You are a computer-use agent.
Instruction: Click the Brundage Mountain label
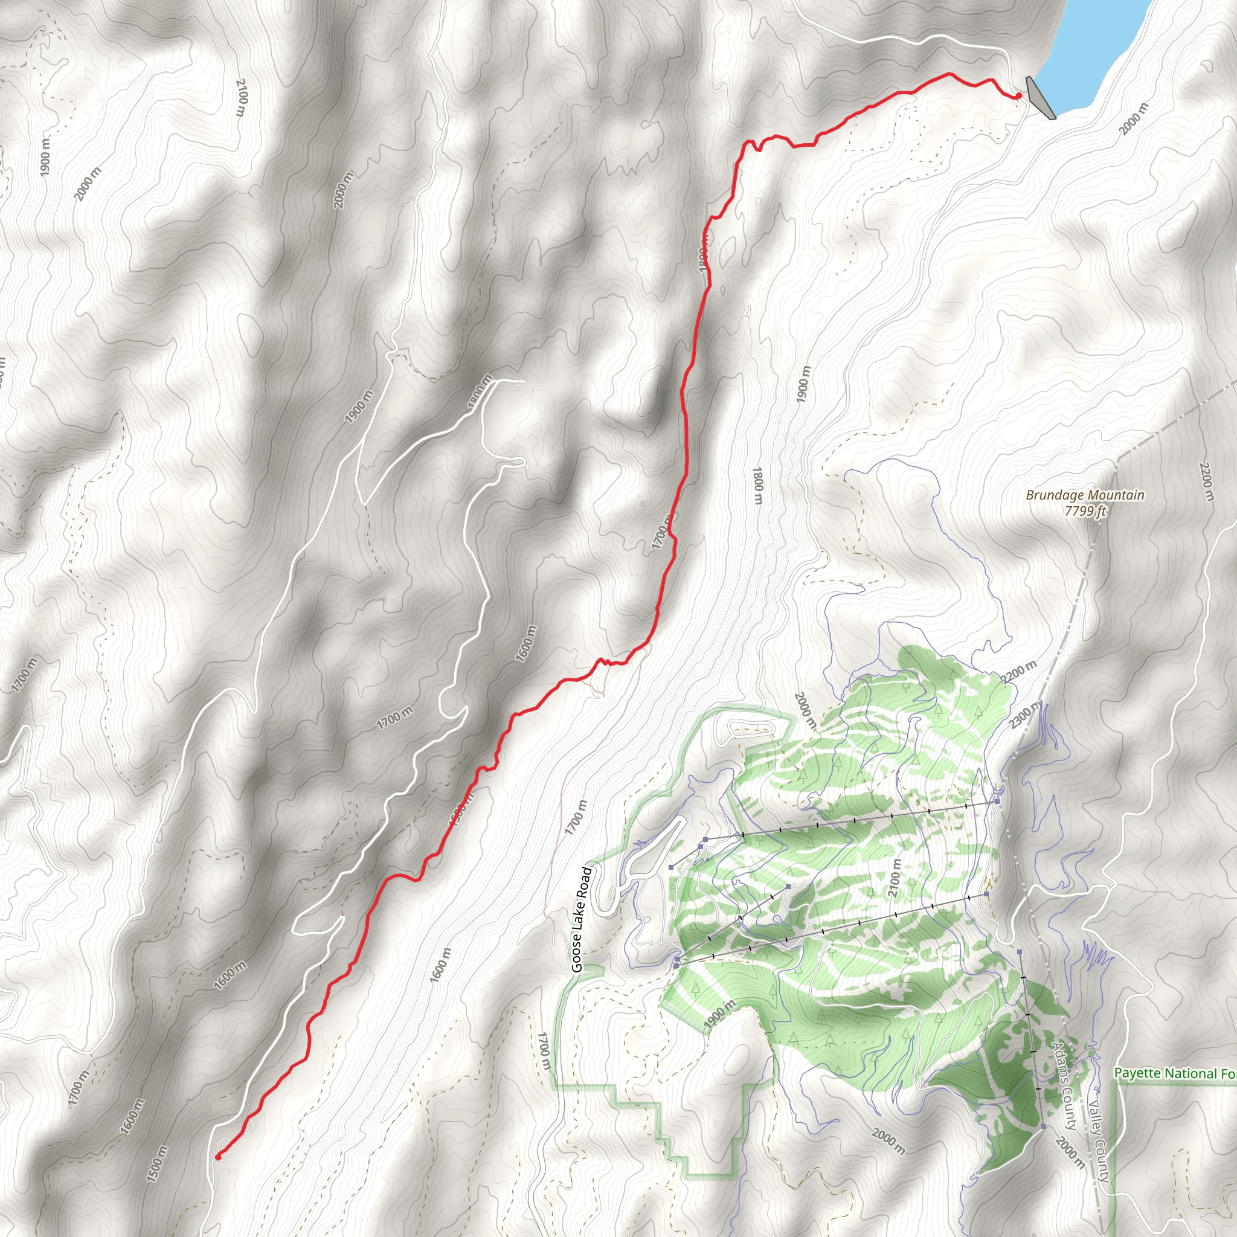pos(1085,495)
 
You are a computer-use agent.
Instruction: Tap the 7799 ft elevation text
pos(1085,511)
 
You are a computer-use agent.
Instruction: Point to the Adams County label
pos(1063,1085)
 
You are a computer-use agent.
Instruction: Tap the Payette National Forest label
pos(1175,1073)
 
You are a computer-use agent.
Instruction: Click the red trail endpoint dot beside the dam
pos(1018,96)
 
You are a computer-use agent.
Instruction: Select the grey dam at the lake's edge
pos(1040,97)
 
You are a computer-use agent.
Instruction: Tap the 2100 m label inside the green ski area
pos(895,878)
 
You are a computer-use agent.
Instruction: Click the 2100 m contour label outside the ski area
pos(241,97)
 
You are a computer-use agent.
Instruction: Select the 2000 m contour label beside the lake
pos(1133,119)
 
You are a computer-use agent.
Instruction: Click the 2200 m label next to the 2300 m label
pos(1019,671)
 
